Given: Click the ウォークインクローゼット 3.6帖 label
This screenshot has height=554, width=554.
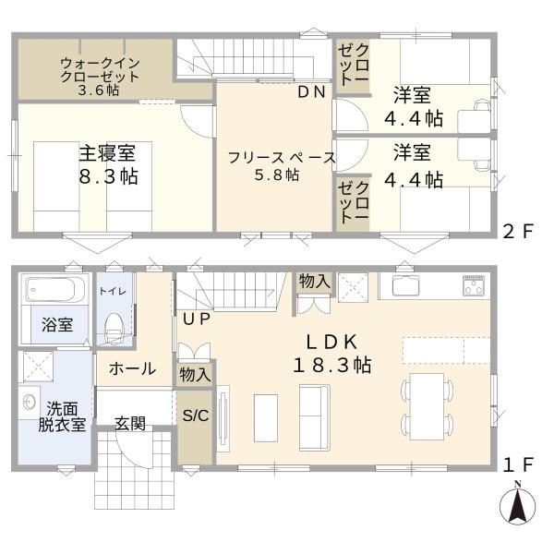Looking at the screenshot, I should [101, 77].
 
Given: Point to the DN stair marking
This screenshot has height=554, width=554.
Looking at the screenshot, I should [310, 91].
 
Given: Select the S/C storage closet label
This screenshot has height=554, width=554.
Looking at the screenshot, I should [195, 415].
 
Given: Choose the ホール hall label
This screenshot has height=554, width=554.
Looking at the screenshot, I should [132, 369].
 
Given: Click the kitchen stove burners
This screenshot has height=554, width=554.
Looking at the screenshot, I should [474, 286].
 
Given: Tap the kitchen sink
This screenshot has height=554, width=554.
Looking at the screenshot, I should [407, 285].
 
